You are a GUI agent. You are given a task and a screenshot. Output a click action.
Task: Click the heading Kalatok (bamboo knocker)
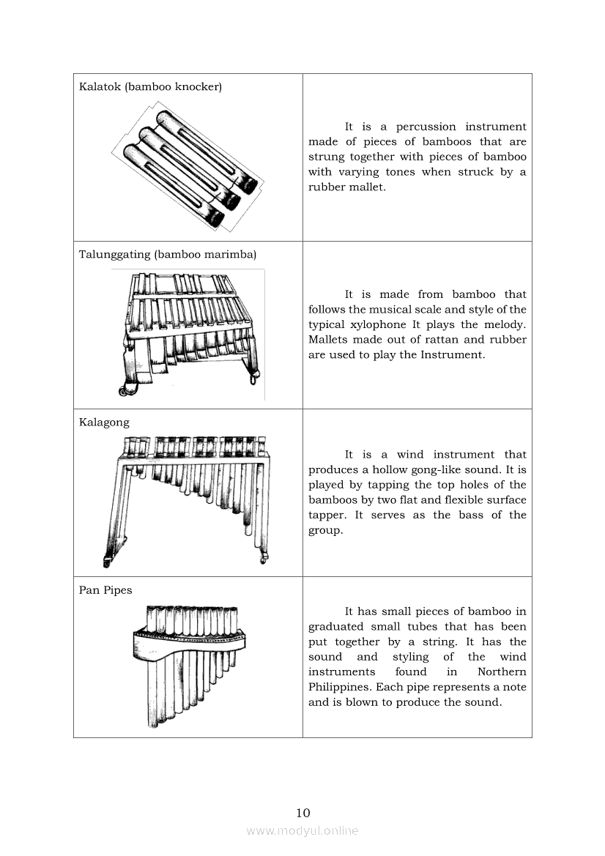150,86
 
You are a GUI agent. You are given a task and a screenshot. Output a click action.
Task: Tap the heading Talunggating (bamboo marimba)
168,254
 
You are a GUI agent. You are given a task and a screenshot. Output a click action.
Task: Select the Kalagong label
104,422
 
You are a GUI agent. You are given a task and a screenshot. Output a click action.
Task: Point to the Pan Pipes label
105,589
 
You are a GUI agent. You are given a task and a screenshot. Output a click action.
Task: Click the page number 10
302,812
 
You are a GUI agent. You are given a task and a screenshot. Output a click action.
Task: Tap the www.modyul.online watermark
302,830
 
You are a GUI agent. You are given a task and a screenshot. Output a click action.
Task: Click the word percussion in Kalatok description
425,127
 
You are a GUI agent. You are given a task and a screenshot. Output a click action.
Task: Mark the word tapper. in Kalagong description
328,515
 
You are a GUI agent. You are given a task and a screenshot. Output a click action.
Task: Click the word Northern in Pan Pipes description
502,671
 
